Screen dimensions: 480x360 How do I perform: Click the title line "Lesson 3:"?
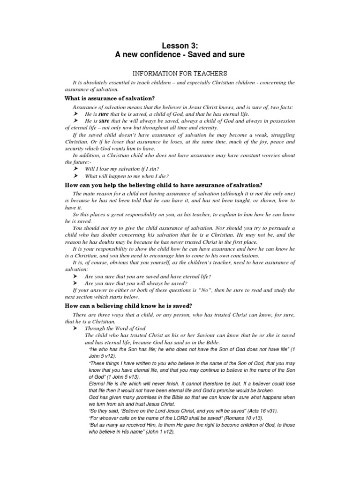point(180,45)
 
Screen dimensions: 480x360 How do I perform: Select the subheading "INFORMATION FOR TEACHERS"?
point(180,73)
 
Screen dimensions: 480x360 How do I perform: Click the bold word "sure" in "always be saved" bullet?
point(103,121)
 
